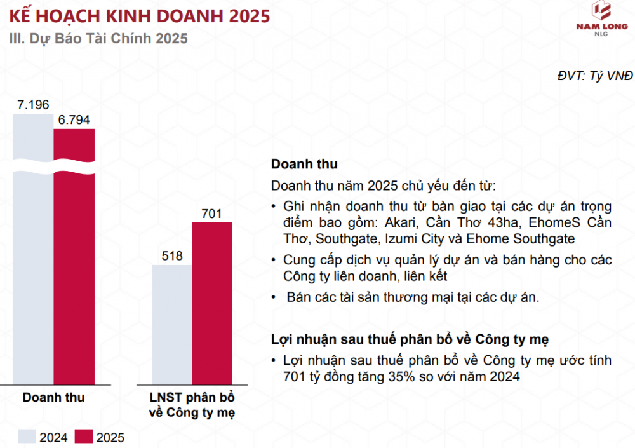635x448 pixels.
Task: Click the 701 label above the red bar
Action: click(x=211, y=214)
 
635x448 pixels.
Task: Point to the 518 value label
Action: click(x=172, y=256)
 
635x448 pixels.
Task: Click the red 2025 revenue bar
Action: click(x=74, y=254)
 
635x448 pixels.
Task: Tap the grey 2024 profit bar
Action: click(x=172, y=324)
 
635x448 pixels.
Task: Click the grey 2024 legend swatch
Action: click(x=27, y=437)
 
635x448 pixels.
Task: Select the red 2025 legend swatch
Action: click(x=84, y=437)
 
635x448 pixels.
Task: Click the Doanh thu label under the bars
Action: click(x=54, y=398)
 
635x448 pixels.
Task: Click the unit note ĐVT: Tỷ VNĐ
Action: click(x=595, y=76)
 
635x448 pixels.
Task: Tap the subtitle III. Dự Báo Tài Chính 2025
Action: click(x=98, y=38)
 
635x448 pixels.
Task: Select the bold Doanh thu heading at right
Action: click(x=304, y=164)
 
